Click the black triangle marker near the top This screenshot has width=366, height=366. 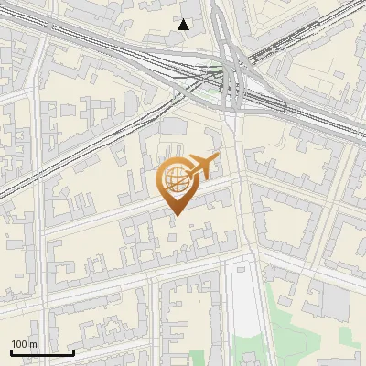pyautogui.click(x=184, y=25)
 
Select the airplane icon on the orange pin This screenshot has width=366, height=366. pyautogui.click(x=200, y=166)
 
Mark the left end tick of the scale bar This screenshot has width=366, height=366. pyautogui.click(x=11, y=351)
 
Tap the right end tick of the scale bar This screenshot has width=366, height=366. pyautogui.click(x=73, y=351)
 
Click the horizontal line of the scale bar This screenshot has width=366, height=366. pyautogui.click(x=42, y=352)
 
